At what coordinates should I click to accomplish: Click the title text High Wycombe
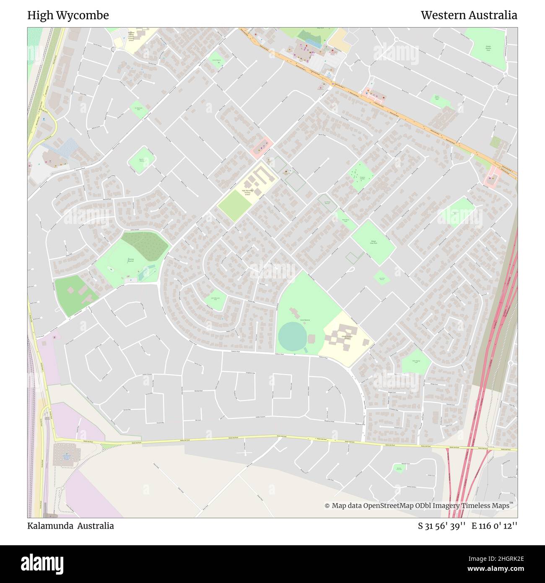(68, 16)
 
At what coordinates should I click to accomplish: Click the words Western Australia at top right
(469, 16)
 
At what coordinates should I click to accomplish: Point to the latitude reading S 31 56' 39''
(442, 526)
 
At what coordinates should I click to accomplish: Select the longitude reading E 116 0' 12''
(494, 526)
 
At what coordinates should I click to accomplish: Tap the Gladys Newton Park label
(488, 49)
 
